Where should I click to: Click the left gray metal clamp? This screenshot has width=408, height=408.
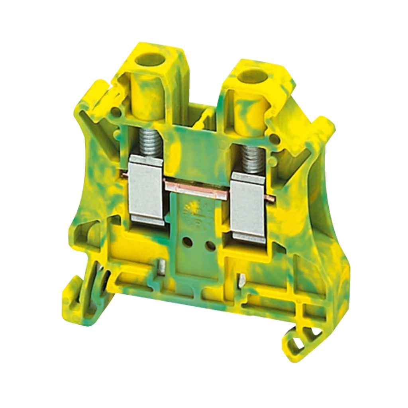[x=146, y=187]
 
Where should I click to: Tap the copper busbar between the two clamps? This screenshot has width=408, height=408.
[x=196, y=188]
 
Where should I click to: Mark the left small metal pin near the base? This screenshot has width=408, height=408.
[x=162, y=267]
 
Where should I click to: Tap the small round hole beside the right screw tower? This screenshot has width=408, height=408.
[x=273, y=138]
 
